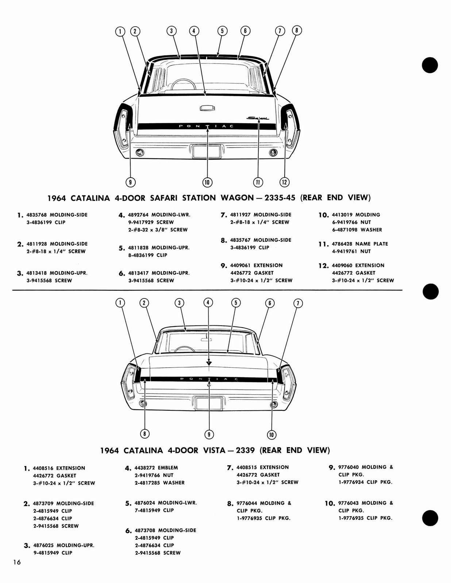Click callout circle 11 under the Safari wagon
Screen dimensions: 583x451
tap(258, 182)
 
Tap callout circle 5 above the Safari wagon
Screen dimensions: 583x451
tap(222, 31)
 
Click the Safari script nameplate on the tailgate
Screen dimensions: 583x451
tap(258, 118)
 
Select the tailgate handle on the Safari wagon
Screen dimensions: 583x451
tap(207, 108)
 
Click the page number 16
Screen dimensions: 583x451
tap(17, 562)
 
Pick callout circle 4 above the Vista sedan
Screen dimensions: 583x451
tap(208, 302)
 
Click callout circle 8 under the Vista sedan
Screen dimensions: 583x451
tap(145, 434)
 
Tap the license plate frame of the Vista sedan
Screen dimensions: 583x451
tap(209, 404)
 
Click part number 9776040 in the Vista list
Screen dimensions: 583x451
tap(348, 467)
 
